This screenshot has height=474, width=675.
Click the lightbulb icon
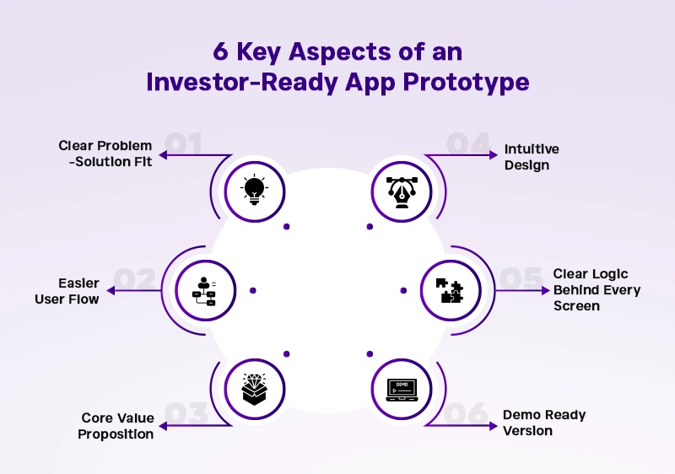tap(254, 191)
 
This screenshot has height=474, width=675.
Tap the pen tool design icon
tap(401, 191)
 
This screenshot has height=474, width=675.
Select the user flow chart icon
tap(203, 290)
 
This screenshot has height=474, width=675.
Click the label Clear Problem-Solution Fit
tap(105, 154)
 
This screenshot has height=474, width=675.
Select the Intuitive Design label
tap(532, 157)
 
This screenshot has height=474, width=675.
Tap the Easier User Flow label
tap(67, 291)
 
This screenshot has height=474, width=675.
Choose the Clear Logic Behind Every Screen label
tap(597, 290)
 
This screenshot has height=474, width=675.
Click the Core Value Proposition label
tap(117, 426)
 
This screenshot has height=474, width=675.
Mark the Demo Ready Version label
tap(544, 423)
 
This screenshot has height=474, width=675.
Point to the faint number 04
tap(467, 144)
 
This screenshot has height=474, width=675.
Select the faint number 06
tap(466, 413)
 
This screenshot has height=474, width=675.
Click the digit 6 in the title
tap(221, 53)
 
